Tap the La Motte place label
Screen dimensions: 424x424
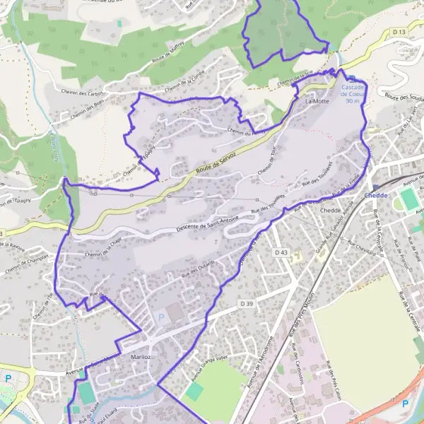pos(317,102)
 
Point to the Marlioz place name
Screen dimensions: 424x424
pos(141,358)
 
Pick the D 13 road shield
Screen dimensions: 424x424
pos(400,33)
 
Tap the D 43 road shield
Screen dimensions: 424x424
pos(281,252)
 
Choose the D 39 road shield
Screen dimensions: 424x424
pos(246,303)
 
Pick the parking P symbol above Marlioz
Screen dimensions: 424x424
pos(160,318)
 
